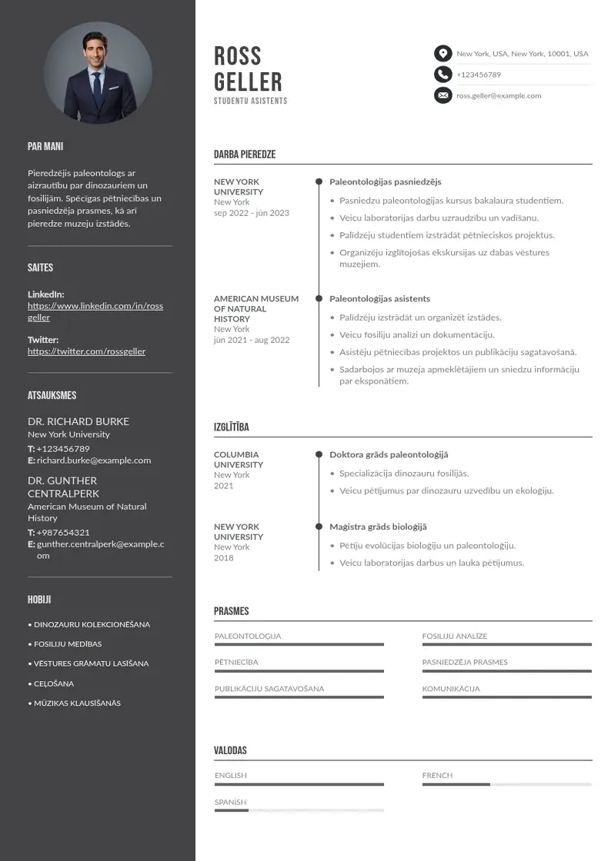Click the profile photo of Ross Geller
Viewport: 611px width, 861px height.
(x=98, y=72)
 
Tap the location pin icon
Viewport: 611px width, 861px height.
(x=442, y=53)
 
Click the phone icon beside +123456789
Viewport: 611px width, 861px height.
(x=442, y=75)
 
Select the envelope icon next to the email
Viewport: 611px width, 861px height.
(x=442, y=95)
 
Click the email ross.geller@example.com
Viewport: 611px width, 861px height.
(x=499, y=96)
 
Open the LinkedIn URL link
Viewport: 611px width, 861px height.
(x=95, y=311)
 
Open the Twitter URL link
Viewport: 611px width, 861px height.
(x=86, y=351)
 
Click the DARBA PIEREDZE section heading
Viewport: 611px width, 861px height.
(x=245, y=155)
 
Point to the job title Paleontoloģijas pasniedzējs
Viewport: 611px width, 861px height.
(x=386, y=182)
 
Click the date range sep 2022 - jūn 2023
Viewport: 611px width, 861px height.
(x=252, y=213)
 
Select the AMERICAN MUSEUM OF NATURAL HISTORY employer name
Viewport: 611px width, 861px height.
(x=256, y=308)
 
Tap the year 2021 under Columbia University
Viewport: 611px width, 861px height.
(x=224, y=486)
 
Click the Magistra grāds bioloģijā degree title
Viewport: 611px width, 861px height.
(x=378, y=527)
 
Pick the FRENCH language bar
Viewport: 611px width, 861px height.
(x=506, y=784)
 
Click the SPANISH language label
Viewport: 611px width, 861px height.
(x=231, y=802)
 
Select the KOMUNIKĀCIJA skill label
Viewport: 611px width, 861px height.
(x=451, y=689)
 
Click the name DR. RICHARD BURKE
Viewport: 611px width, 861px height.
(x=78, y=421)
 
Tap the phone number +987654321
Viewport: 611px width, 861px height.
(x=63, y=532)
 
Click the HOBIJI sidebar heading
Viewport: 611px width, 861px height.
(x=39, y=600)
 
